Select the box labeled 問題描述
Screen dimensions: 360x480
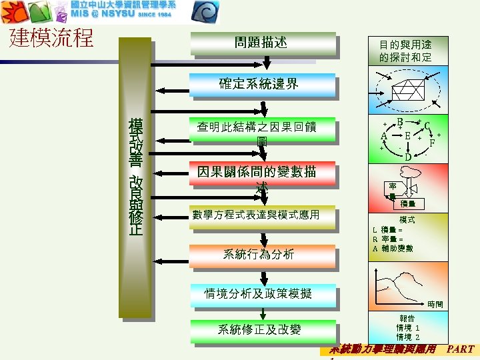[x=261, y=43]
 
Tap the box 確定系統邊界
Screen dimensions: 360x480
[x=261, y=85]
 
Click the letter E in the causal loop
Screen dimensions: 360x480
[x=407, y=136]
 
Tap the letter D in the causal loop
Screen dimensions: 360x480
[x=407, y=157]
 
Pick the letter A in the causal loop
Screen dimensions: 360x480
[x=384, y=136]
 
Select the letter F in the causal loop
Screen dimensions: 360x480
[x=433, y=142]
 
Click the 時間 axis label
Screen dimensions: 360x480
[x=435, y=305]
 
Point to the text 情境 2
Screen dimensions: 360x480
[x=408, y=337]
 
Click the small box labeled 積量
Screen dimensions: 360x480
[x=408, y=204]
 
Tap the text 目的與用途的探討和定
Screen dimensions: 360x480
[x=405, y=51]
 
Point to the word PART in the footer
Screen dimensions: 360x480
[x=460, y=349]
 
